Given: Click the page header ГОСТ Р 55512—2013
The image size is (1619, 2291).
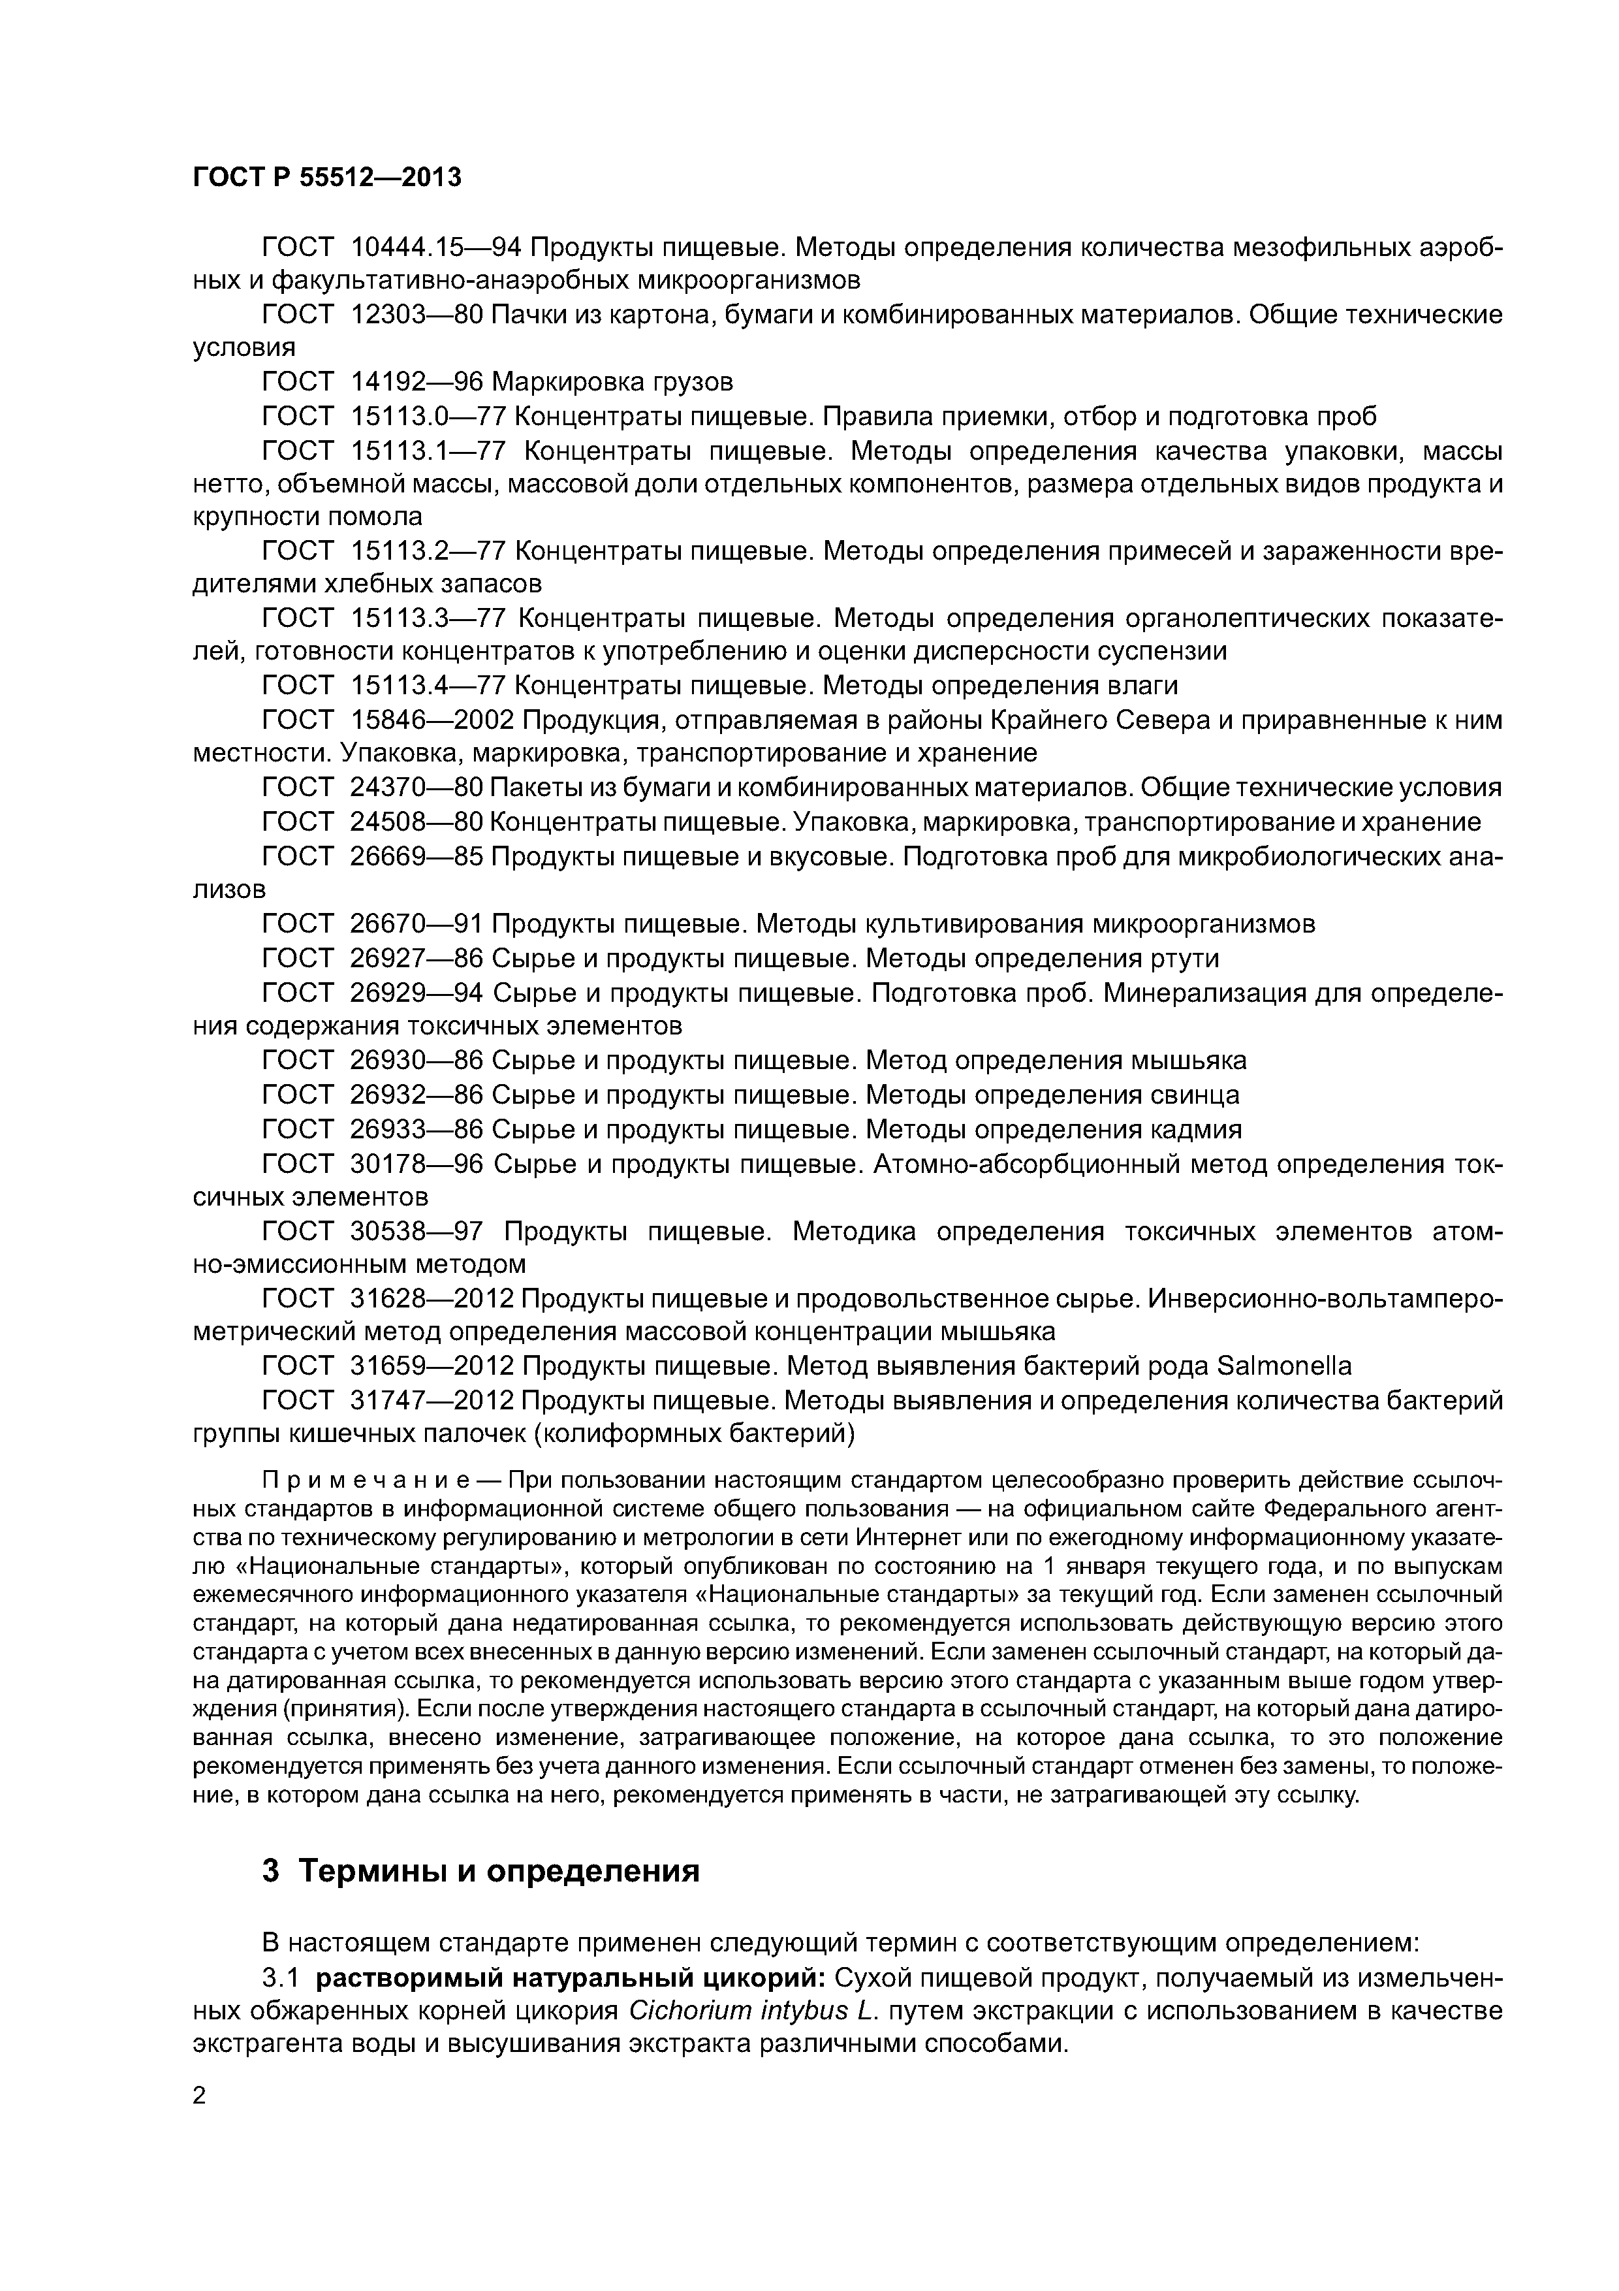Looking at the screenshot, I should coord(327,178).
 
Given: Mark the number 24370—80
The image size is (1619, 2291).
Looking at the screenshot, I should coord(417,788).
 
